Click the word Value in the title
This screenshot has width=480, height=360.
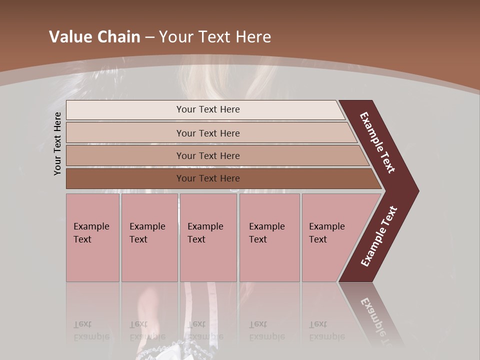69,37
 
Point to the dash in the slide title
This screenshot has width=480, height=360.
149,37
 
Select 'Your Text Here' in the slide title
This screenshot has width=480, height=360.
215,37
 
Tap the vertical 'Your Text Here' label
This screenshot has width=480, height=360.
57,143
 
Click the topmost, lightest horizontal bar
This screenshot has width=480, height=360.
207,109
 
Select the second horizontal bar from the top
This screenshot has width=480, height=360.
207,133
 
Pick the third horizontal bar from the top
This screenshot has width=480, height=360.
207,155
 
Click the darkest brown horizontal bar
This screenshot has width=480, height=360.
207,178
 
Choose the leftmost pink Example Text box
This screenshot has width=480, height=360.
92,237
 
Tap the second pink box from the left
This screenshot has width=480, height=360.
149,237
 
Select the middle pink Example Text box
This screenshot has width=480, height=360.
208,237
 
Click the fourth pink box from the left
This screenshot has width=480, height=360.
269,237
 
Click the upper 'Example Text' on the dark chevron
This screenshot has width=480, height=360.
377,142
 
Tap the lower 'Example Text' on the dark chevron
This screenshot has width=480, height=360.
379,236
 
